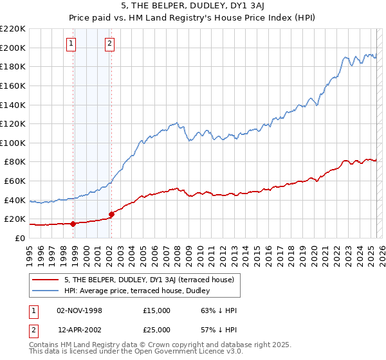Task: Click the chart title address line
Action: point(193,4)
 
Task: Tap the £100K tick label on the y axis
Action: point(13,143)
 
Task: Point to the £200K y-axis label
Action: point(13,48)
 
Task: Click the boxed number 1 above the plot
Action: point(70,44)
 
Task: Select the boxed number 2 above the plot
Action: point(110,44)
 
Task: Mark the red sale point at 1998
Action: point(73,224)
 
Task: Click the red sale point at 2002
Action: point(111,214)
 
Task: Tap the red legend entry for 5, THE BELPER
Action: point(152,280)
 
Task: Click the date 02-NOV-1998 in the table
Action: point(80,310)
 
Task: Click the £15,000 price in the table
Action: point(157,310)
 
